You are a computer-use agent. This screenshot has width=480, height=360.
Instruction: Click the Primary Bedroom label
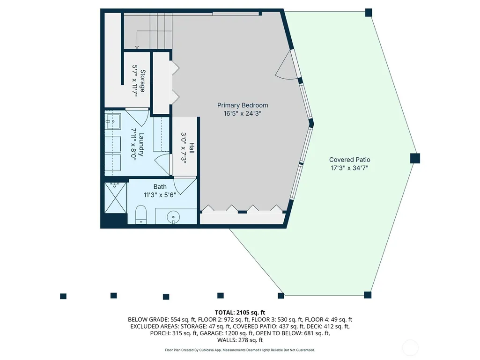click(x=243, y=105)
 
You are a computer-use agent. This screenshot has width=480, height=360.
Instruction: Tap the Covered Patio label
click(x=350, y=160)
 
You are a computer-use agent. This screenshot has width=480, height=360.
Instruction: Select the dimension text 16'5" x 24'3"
click(x=243, y=114)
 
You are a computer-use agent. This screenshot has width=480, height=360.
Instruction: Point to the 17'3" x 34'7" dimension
click(x=350, y=168)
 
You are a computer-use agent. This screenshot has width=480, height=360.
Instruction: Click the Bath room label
click(x=160, y=187)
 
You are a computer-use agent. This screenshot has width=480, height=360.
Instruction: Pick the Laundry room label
click(x=141, y=144)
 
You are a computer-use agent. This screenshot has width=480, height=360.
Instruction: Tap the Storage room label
click(x=143, y=81)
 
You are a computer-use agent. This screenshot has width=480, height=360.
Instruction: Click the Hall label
click(x=192, y=148)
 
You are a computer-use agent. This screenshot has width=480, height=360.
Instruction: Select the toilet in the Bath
click(x=141, y=214)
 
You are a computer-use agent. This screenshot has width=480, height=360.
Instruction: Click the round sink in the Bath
click(x=173, y=217)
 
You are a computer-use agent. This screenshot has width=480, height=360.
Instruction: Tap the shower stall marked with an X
click(x=115, y=198)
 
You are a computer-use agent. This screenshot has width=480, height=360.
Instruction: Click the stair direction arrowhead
click(x=137, y=47)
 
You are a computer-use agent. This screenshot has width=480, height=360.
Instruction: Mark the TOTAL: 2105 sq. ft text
click(x=240, y=313)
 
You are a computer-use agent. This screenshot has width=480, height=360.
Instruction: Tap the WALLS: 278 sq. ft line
click(x=240, y=340)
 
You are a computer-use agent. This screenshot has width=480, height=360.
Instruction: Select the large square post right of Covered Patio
click(x=415, y=158)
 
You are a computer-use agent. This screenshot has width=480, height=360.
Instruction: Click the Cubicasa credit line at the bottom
click(x=240, y=350)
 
